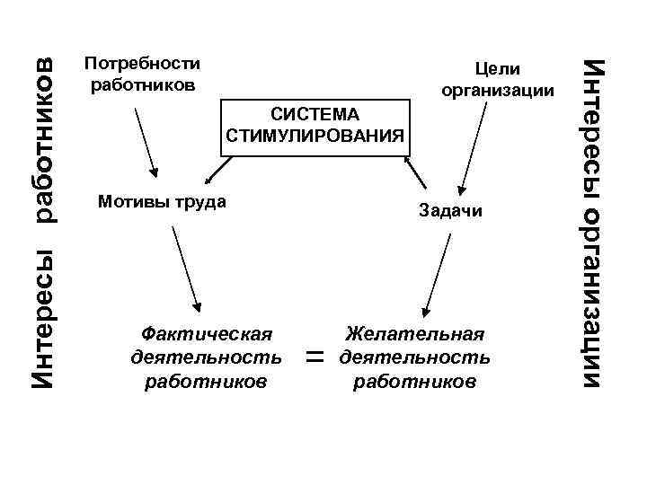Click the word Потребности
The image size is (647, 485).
[141, 64]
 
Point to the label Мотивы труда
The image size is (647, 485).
[161, 201]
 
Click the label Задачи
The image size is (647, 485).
[450, 211]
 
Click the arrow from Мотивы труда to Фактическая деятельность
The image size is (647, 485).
[185, 266]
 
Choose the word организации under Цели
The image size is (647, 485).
[498, 91]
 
